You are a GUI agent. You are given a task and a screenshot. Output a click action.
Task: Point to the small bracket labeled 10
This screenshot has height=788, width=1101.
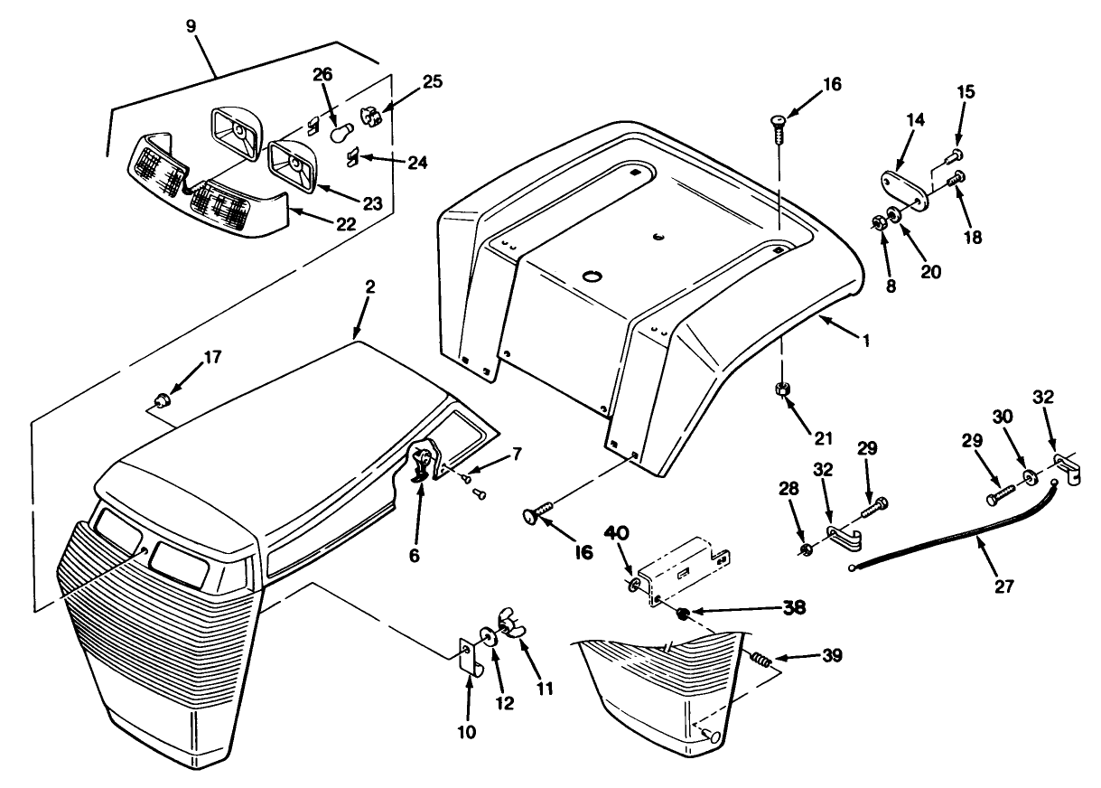[x=468, y=655]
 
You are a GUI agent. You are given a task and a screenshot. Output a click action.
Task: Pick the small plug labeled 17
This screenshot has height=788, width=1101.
[x=162, y=399]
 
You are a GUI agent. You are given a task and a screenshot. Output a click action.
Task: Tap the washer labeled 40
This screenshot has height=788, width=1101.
[x=632, y=587]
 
